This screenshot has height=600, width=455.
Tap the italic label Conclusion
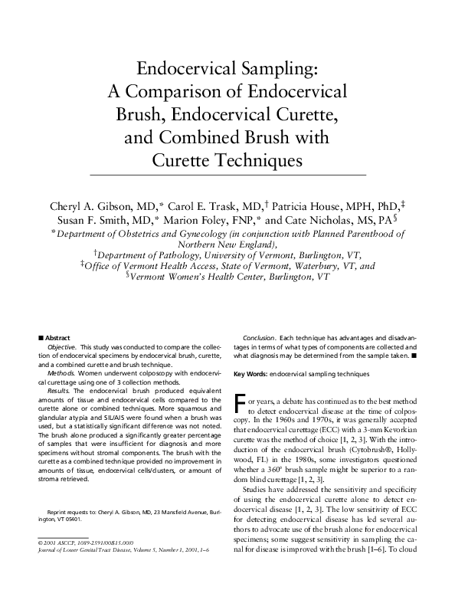[x=259, y=337]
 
